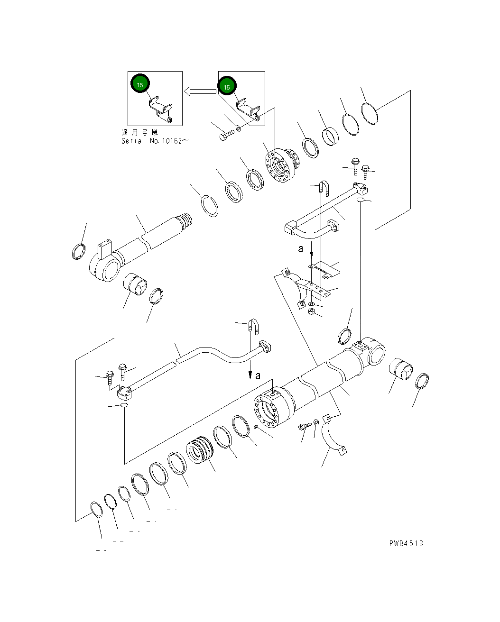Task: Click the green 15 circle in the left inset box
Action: click(140, 84)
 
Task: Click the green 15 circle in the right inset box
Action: click(227, 87)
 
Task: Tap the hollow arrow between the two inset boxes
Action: click(200, 91)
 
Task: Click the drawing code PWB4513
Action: click(406, 543)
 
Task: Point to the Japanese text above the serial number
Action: click(139, 132)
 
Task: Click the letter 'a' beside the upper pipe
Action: click(301, 249)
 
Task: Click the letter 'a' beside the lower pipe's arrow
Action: click(258, 376)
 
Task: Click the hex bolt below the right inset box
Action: click(225, 136)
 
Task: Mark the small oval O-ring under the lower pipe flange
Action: click(124, 406)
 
